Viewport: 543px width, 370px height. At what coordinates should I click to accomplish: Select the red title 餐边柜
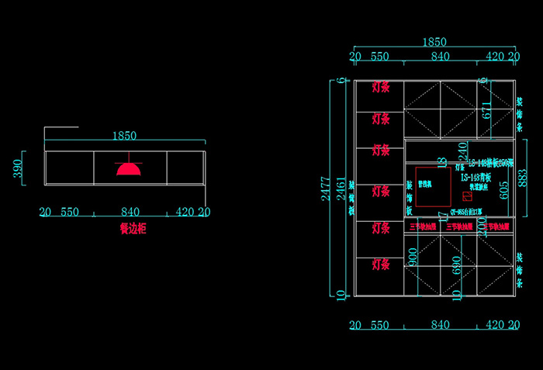tap(133, 229)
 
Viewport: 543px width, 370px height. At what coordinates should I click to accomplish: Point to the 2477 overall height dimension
tap(327, 186)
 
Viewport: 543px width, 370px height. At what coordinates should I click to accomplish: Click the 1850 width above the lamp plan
tap(124, 136)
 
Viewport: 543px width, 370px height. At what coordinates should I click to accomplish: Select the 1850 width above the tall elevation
tap(434, 42)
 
